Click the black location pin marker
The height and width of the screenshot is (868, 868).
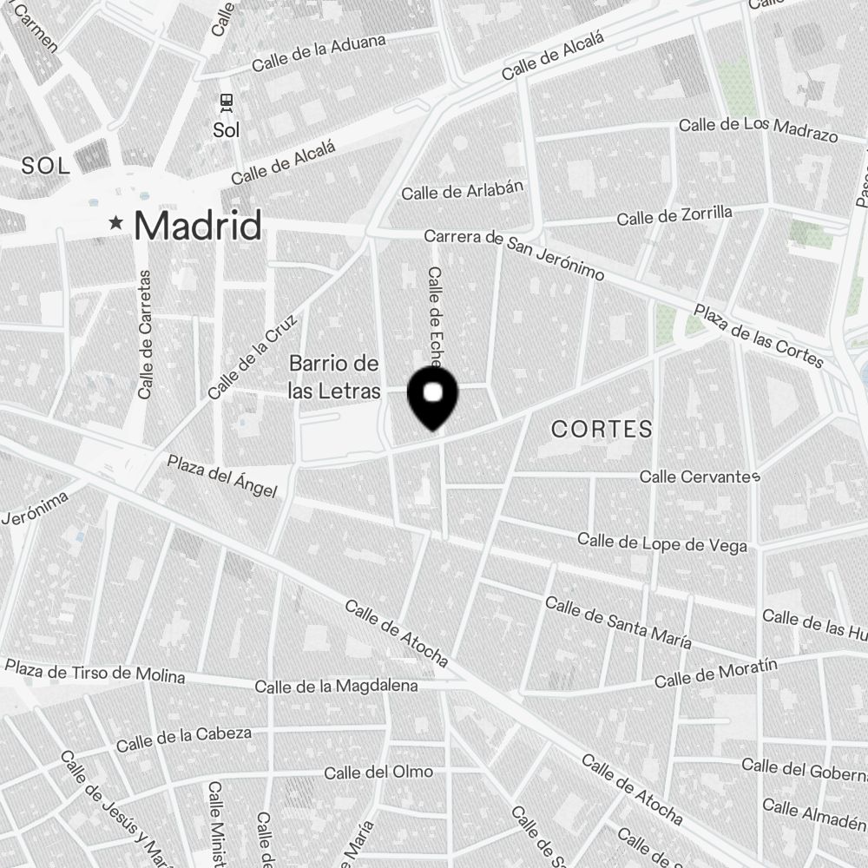(432, 397)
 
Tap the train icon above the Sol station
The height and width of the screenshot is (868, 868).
(227, 103)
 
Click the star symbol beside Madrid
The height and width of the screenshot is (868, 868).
(115, 224)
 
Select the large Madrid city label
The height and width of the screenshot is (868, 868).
(198, 226)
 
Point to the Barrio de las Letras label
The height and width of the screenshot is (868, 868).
(334, 378)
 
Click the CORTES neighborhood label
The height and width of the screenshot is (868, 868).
(602, 429)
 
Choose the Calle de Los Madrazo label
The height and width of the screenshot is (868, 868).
(758, 129)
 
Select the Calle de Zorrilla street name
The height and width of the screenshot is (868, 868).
(674, 215)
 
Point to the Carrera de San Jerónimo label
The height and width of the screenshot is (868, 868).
(514, 254)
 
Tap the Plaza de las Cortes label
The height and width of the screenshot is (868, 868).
(758, 335)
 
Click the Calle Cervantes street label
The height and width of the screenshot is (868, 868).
(700, 477)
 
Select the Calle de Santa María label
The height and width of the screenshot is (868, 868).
(618, 622)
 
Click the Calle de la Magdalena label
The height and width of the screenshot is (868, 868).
(336, 687)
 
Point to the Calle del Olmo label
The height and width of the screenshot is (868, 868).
(378, 772)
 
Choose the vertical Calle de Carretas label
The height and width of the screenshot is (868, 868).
(145, 334)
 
